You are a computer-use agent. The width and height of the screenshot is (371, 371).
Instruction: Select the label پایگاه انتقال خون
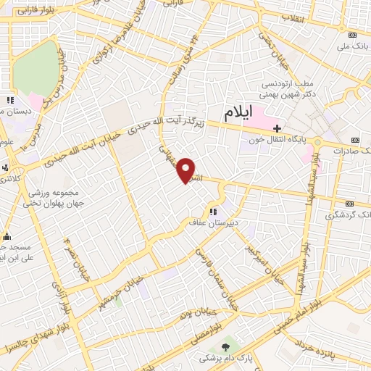pyautogui.click(x=279, y=141)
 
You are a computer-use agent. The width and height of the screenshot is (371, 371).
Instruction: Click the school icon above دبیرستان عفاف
pyautogui.click(x=213, y=212)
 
